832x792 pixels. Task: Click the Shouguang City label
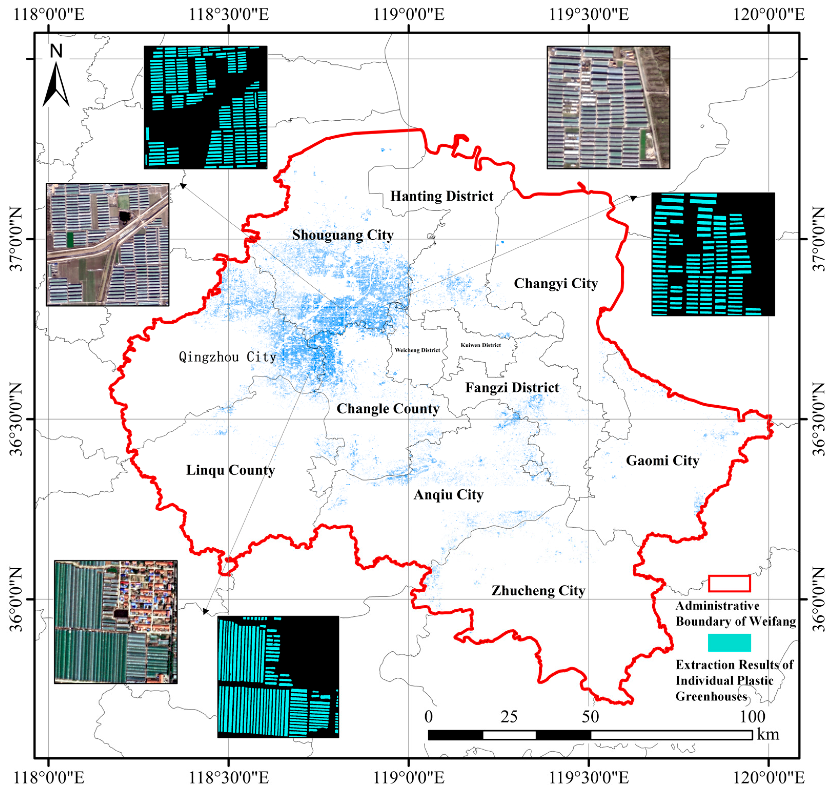pos(343,235)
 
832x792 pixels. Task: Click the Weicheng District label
pos(417,350)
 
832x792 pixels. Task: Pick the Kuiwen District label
pos(481,345)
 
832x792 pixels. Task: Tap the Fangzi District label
pos(512,388)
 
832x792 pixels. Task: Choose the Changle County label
pos(387,409)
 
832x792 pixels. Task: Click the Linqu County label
pos(230,470)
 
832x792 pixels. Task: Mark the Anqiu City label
pos(448,495)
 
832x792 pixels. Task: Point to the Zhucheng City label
pos(538,591)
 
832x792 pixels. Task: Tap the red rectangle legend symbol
pos(729,583)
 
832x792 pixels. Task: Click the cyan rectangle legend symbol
pos(729,643)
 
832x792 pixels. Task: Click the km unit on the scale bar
pos(768,734)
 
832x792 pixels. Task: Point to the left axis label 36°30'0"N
pos(16,419)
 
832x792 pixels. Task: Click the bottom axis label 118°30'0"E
pos(228,778)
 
